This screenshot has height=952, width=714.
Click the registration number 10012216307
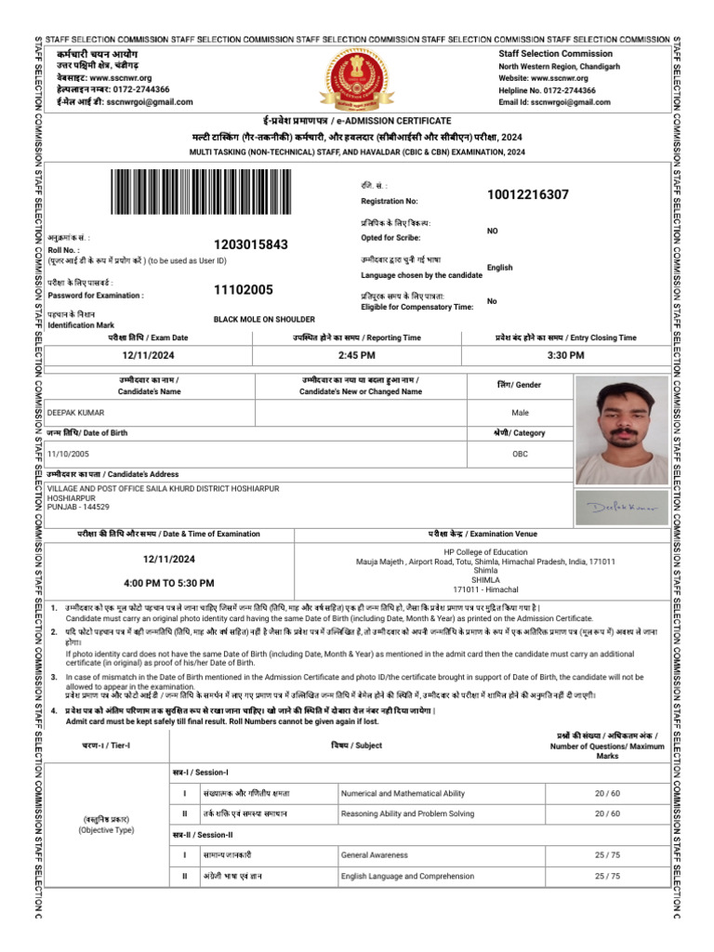(x=527, y=194)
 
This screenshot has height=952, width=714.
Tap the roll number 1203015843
(x=251, y=245)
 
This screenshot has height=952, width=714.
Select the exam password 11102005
(x=244, y=289)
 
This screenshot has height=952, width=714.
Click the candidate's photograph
(x=621, y=430)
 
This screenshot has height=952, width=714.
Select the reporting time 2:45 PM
(x=356, y=355)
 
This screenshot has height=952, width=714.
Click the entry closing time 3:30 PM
(x=565, y=355)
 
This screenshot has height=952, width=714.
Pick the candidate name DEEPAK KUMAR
(x=76, y=412)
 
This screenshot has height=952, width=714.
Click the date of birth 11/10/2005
(x=79, y=454)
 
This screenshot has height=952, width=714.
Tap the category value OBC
(x=520, y=454)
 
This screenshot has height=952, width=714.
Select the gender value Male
(x=520, y=412)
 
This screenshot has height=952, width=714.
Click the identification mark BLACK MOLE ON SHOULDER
(x=264, y=319)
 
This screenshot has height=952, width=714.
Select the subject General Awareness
(x=375, y=854)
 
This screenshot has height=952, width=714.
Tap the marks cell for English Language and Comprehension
(x=607, y=876)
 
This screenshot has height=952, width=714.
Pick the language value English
(x=499, y=268)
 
